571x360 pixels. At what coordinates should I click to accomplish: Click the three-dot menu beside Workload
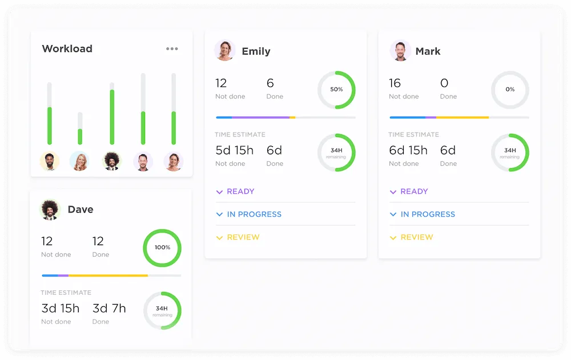pos(172,49)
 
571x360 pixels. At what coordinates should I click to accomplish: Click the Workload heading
pos(67,49)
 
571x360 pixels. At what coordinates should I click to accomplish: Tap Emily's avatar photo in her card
pos(224,50)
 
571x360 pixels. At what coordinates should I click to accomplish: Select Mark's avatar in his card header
pos(400,50)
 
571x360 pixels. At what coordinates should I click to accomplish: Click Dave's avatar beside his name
pos(50,210)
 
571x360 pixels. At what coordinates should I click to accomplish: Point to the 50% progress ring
pos(336,90)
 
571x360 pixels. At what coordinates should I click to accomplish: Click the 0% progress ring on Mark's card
pos(510,90)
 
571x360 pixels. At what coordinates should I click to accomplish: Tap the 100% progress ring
pos(162,247)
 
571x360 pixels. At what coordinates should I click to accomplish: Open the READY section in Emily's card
pos(240,191)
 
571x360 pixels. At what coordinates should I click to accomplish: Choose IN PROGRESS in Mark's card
pos(428,214)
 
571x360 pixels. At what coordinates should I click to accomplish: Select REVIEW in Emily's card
pos(243,237)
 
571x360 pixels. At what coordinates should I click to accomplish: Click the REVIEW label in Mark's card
pos(417,237)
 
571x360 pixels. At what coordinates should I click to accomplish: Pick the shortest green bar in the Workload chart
pos(80,136)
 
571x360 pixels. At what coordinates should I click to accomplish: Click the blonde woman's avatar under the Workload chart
pos(79,162)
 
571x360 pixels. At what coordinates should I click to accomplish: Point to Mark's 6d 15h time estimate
pos(408,150)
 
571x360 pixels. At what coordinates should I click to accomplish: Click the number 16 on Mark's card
pos(395,83)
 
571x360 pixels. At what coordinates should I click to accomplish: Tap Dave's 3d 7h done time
pos(109,309)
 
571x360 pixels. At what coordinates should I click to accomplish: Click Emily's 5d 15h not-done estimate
pos(234,150)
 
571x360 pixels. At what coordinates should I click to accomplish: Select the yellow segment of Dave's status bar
pos(108,275)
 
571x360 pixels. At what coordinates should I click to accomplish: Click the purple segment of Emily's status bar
pos(261,118)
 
